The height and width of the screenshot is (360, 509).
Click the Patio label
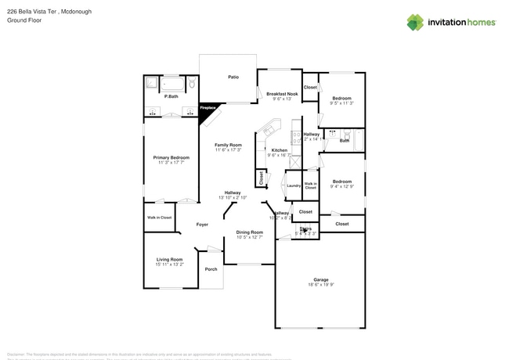pyautogui.click(x=233, y=77)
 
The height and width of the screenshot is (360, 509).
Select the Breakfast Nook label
pyautogui.click(x=281, y=93)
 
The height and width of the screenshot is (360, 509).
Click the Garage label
pyautogui.click(x=320, y=279)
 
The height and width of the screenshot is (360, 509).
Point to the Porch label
pyautogui.click(x=211, y=268)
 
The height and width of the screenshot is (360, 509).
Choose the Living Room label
pyautogui.click(x=169, y=259)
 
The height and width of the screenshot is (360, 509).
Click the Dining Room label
pyautogui.click(x=250, y=232)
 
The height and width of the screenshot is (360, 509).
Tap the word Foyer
pyautogui.click(x=202, y=224)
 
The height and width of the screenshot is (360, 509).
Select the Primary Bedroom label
pyautogui.click(x=171, y=157)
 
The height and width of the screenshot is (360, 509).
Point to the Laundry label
pyautogui.click(x=294, y=185)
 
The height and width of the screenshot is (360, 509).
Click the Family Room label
pyautogui.click(x=229, y=145)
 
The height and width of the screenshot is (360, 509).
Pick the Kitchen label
pyautogui.click(x=280, y=149)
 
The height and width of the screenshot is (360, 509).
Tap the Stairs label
pyautogui.click(x=305, y=229)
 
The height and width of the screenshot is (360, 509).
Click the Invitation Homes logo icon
pyautogui.click(x=415, y=22)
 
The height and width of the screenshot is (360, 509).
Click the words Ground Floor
pyautogui.click(x=23, y=21)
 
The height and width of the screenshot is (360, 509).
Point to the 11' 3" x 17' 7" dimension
pyautogui.click(x=171, y=163)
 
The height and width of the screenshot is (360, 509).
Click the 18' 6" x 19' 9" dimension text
pyautogui.click(x=320, y=285)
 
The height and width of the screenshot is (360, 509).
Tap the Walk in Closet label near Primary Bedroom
pyautogui.click(x=160, y=217)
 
